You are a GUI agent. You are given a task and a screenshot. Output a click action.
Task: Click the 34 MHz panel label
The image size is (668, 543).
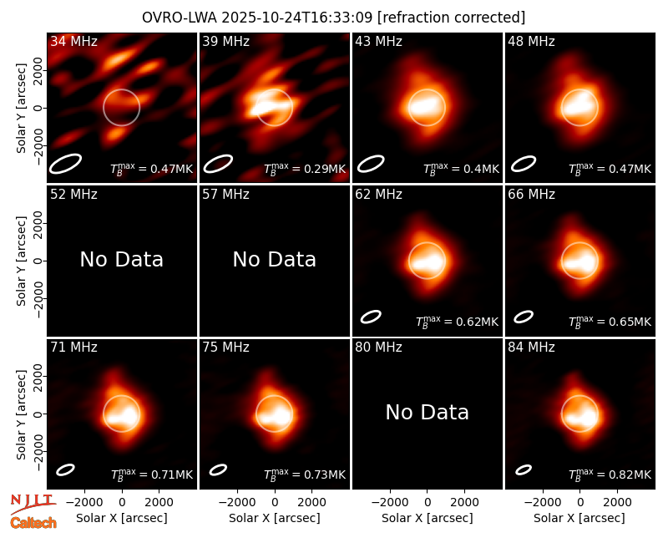[x=73, y=41]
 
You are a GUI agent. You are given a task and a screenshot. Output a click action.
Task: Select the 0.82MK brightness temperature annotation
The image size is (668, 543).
[x=610, y=474]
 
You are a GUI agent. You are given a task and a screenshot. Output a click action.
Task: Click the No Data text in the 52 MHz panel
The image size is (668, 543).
[x=121, y=259]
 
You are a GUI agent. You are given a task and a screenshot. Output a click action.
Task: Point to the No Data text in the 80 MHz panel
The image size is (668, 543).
[x=427, y=412]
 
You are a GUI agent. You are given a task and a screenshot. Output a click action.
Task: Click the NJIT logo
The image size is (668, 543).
[x=33, y=504]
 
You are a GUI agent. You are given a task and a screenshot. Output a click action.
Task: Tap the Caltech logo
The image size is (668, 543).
[x=33, y=523]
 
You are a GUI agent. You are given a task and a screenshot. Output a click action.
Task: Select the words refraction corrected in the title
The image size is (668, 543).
[x=452, y=18]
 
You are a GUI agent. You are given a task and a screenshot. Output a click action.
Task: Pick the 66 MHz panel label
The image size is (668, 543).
[x=531, y=195]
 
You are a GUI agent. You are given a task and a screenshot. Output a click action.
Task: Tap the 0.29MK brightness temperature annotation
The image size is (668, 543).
[x=305, y=169]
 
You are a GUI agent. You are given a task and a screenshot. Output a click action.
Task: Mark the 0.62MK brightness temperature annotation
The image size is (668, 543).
[x=457, y=322]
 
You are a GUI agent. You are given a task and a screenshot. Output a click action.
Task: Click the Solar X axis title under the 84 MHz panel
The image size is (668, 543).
[x=579, y=518]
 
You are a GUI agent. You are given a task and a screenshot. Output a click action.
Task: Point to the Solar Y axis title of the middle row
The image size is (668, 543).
[x=21, y=261]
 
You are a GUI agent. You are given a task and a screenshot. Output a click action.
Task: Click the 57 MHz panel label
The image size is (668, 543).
[x=225, y=195]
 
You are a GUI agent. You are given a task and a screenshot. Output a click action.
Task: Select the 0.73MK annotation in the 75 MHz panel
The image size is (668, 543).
[x=305, y=474]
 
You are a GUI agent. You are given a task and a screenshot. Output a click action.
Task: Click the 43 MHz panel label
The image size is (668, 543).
[x=379, y=41]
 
